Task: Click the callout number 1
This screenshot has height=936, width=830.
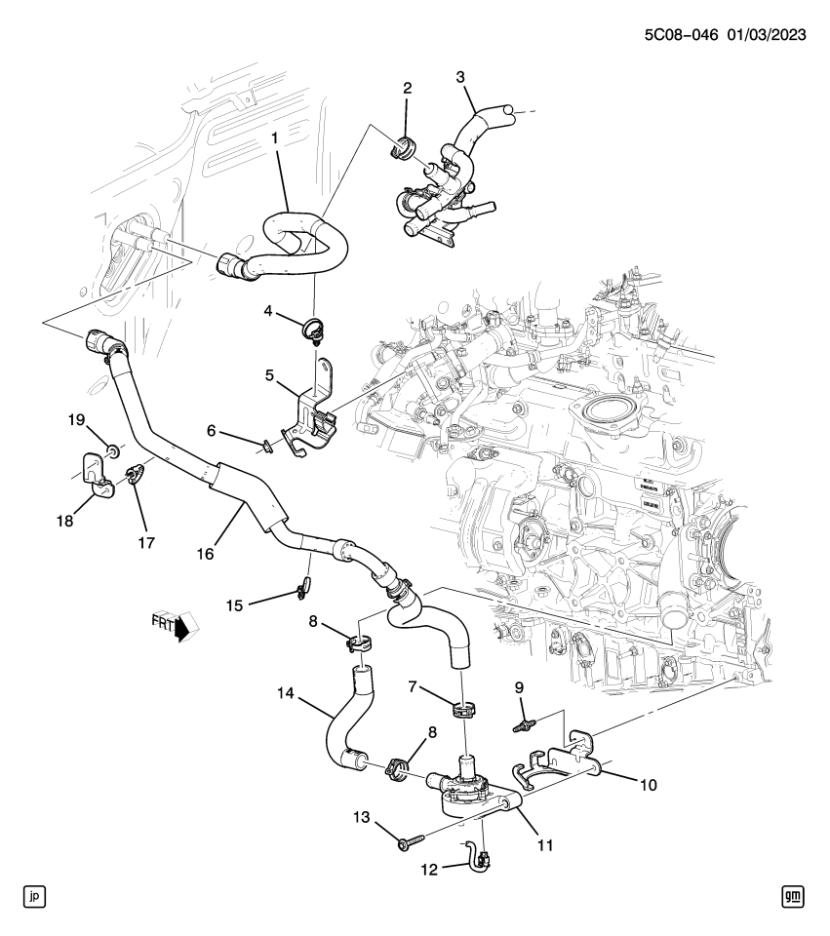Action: coord(275,138)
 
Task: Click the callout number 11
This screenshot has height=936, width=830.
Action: coord(544,843)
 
